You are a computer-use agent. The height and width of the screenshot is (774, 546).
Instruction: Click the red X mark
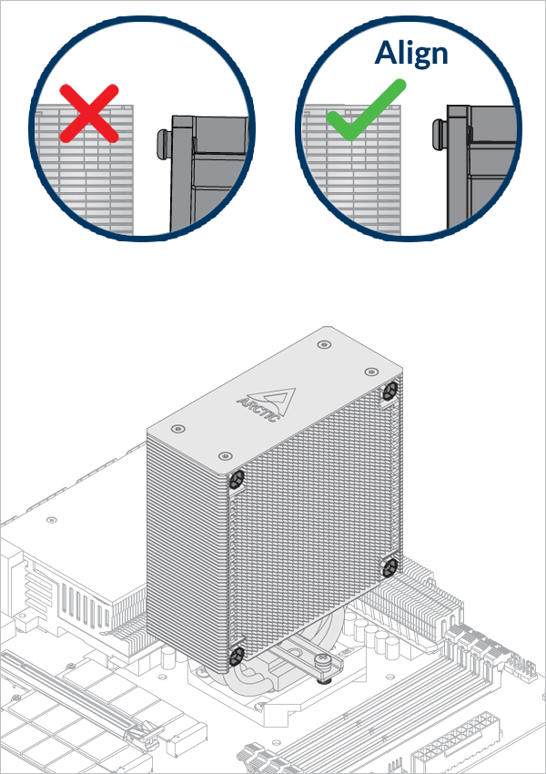[89, 114]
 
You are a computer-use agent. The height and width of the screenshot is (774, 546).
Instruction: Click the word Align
[410, 55]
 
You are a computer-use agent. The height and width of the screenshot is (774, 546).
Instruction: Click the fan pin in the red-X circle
[163, 144]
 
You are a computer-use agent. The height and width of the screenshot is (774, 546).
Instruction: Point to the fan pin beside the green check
[440, 134]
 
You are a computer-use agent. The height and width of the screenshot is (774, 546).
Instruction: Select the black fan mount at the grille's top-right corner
[390, 392]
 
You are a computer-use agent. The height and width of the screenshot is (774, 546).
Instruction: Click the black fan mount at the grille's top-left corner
[237, 478]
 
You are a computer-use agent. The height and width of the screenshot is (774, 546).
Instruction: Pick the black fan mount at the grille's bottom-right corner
[390, 567]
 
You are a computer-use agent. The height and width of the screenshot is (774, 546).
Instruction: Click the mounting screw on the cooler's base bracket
[323, 660]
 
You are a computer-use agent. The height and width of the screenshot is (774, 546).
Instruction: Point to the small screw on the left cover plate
[51, 520]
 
